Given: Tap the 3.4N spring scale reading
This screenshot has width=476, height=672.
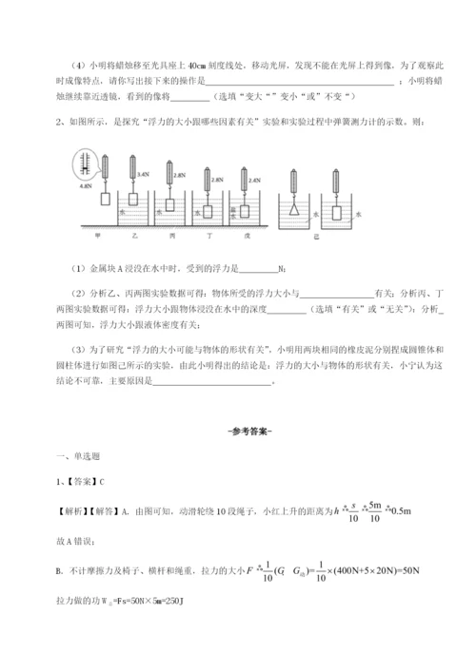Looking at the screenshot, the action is click(x=144, y=175).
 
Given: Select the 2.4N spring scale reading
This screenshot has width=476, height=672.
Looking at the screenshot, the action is click(x=254, y=179).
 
